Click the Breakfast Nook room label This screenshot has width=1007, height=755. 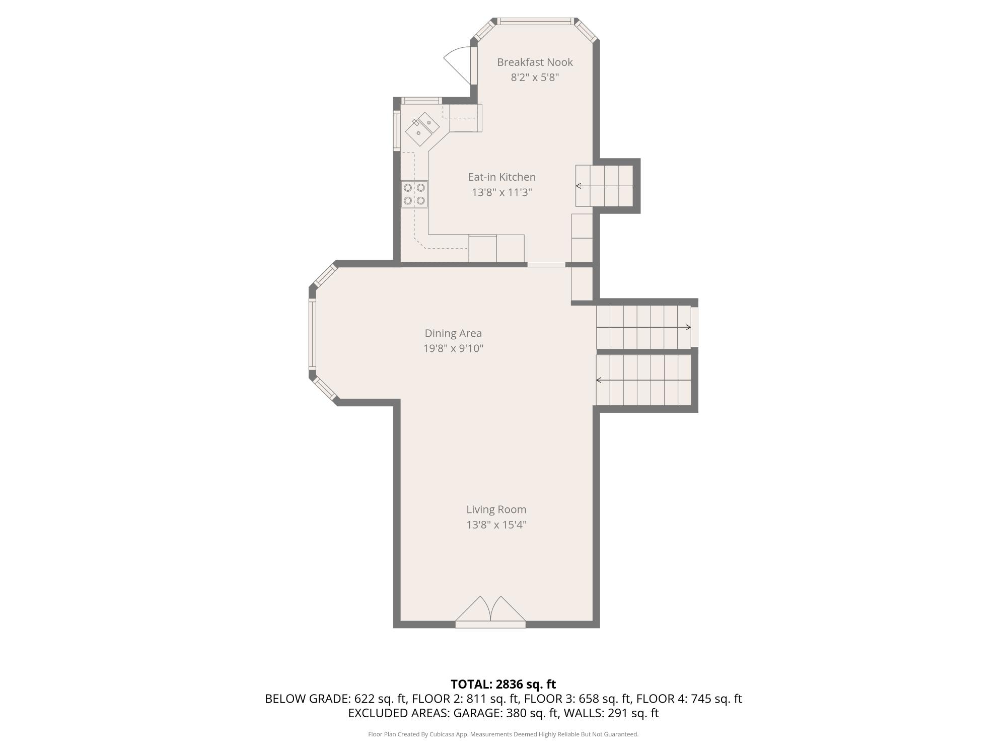[x=535, y=62]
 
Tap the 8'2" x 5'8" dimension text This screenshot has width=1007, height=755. [x=535, y=78]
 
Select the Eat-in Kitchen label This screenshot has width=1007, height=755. [x=502, y=177]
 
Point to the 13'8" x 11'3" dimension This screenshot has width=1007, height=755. [x=502, y=192]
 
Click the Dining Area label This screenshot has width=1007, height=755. [x=453, y=333]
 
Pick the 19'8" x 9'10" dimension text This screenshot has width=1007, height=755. [x=453, y=348]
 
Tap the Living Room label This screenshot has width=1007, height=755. [x=496, y=510]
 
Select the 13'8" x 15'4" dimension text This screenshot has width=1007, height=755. [x=496, y=525]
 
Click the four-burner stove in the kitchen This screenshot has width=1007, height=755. [x=414, y=194]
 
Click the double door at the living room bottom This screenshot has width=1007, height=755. [x=490, y=611]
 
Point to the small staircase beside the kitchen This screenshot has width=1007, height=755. [x=604, y=186]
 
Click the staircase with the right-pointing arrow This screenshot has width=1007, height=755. [x=643, y=327]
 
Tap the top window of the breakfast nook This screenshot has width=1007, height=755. [x=536, y=21]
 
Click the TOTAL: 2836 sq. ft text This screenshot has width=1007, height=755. [x=503, y=685]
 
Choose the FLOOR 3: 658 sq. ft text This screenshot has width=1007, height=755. [x=578, y=699]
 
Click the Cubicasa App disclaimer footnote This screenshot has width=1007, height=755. [x=503, y=734]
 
